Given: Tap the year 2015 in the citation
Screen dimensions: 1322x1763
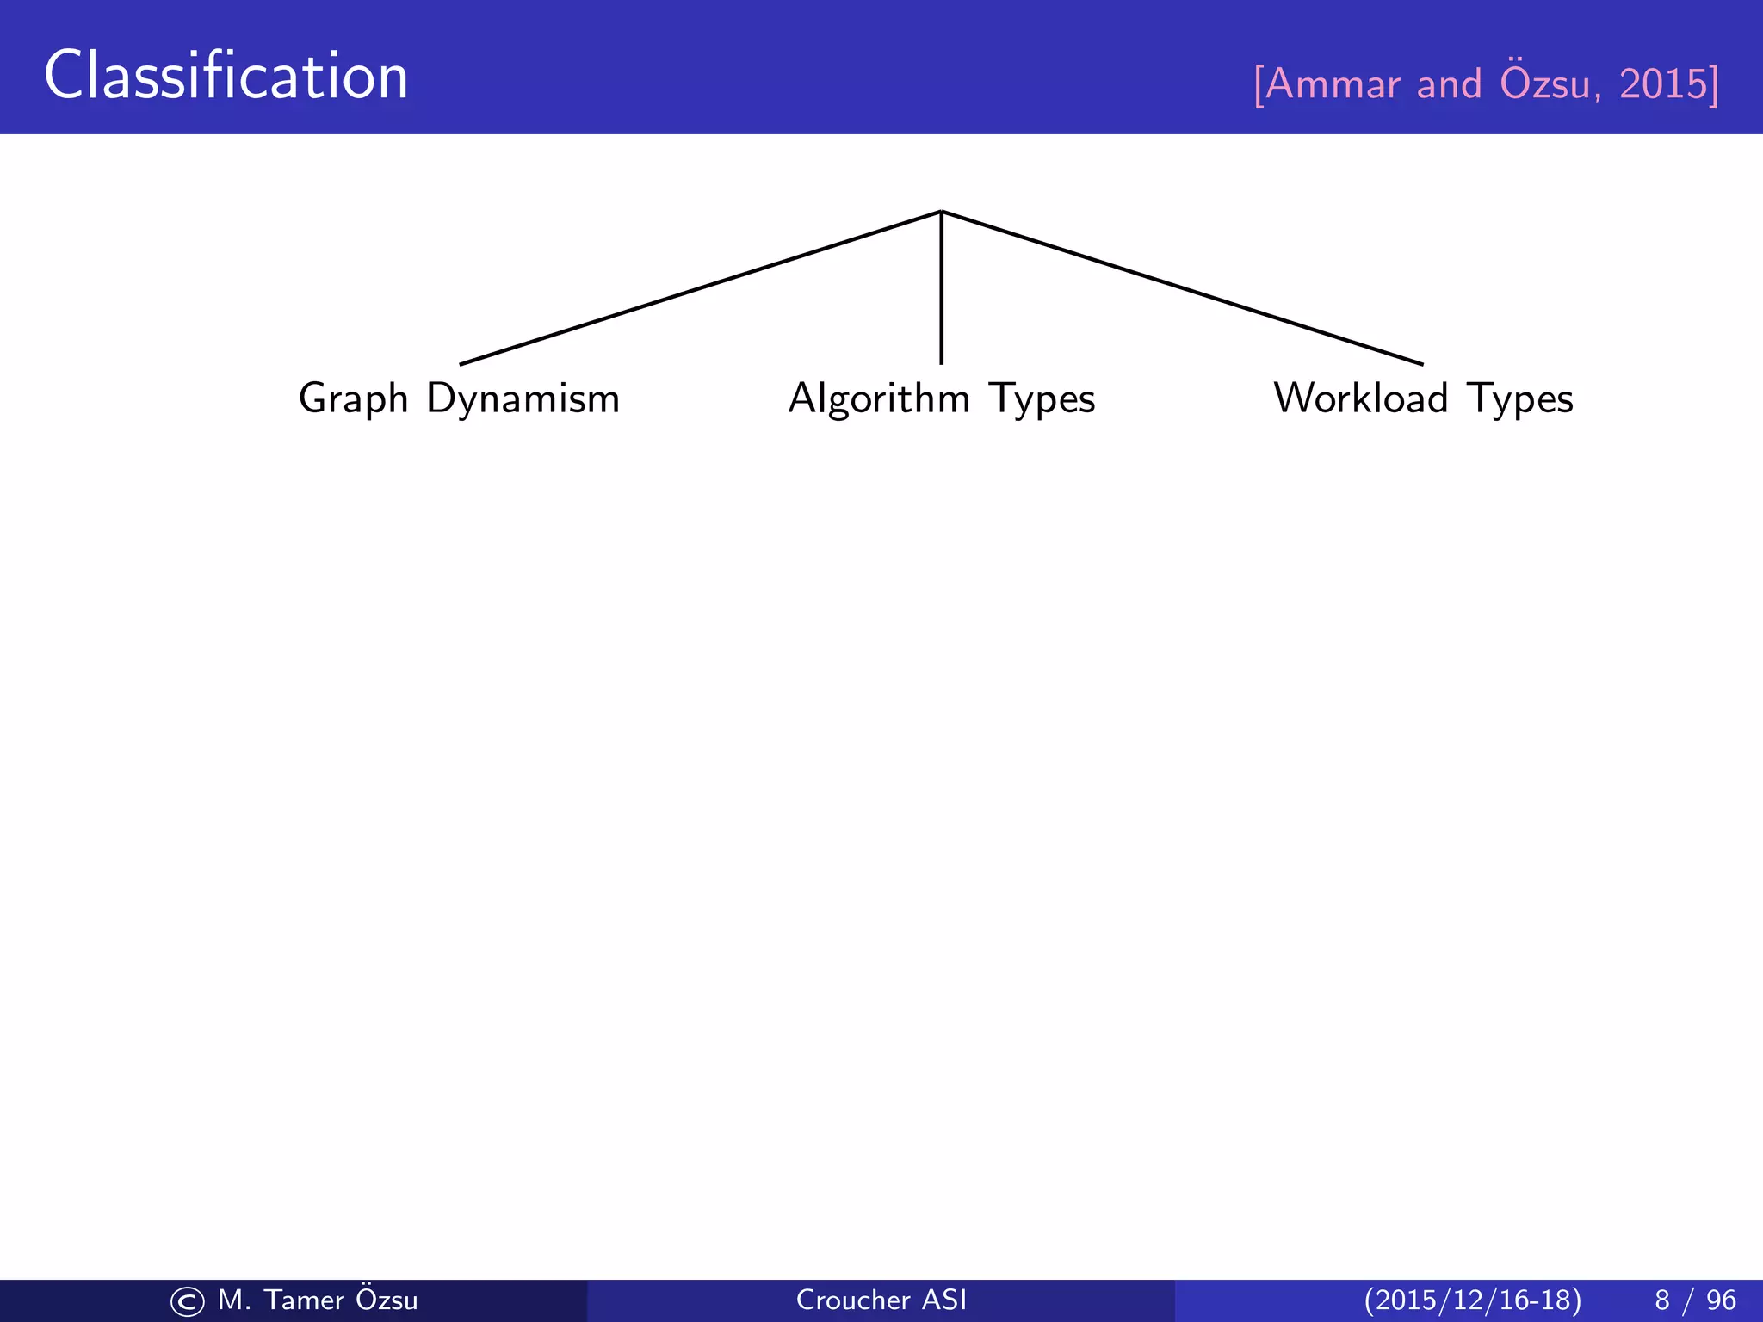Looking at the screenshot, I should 1661,84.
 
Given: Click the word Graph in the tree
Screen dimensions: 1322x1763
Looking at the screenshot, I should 353,399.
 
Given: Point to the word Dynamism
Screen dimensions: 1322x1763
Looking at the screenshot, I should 523,399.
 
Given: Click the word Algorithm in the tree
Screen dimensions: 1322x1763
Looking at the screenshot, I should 879,399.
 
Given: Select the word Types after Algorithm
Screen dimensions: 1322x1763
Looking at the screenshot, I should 1042,399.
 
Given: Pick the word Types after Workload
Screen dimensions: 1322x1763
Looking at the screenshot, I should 1519,399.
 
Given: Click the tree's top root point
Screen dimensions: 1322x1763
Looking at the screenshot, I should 942,211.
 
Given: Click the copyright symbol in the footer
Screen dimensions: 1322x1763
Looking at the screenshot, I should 188,1301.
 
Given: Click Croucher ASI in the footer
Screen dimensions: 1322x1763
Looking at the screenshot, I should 881,1300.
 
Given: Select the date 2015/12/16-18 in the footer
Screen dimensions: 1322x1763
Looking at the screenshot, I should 1472,1300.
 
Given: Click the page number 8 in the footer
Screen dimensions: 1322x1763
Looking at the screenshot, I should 1661,1300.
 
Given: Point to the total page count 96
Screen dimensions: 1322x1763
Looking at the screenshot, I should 1721,1300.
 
